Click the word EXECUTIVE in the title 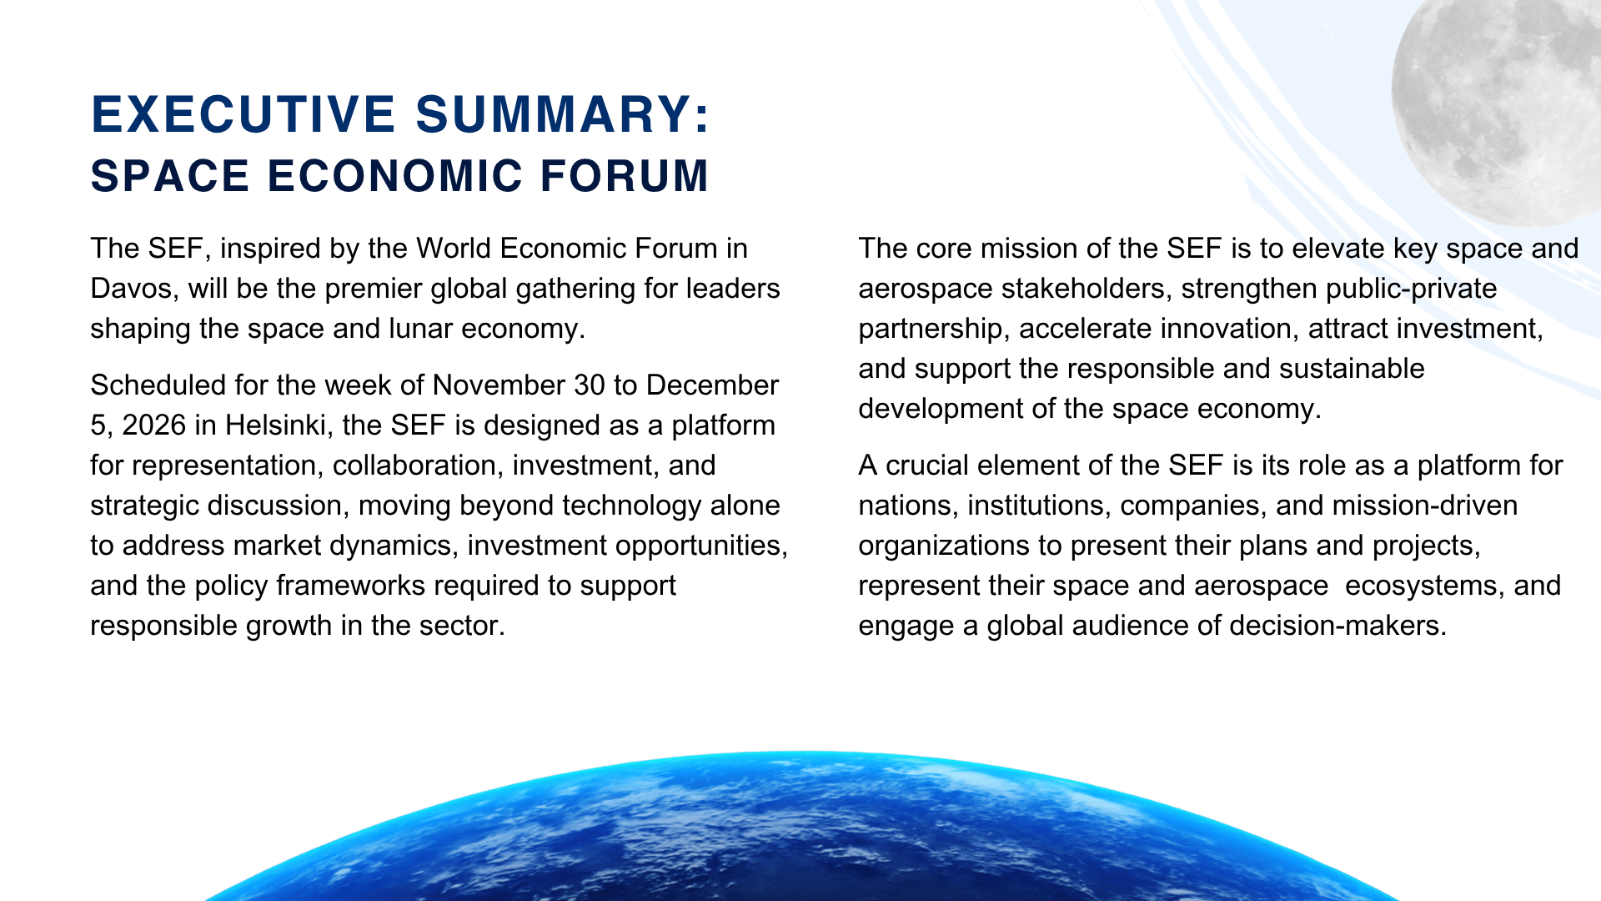point(243,114)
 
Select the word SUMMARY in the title point(554,114)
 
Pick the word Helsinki point(275,425)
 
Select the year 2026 point(153,425)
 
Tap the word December point(712,385)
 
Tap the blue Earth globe point(800,834)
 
